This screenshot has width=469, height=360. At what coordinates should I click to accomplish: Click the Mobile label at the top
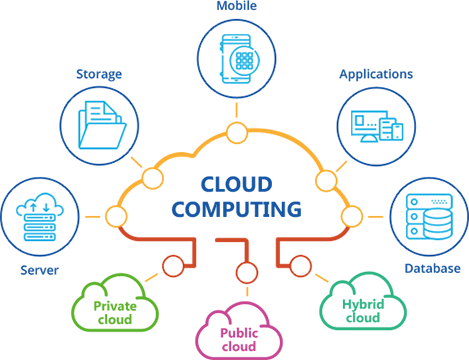(x=237, y=6)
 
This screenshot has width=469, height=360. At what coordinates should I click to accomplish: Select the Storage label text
(x=99, y=74)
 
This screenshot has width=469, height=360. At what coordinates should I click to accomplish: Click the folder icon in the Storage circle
(x=102, y=125)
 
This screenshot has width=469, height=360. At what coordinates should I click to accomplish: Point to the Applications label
(x=376, y=74)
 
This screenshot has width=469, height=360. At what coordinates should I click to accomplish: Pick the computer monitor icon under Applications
(x=365, y=126)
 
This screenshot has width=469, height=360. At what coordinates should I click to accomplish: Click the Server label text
(x=39, y=270)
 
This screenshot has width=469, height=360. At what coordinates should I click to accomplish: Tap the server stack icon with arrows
(x=40, y=217)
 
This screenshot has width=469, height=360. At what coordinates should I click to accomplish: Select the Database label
(x=432, y=268)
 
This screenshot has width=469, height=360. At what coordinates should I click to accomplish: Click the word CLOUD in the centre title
(x=237, y=184)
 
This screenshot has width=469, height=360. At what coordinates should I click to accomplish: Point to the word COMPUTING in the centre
(x=237, y=209)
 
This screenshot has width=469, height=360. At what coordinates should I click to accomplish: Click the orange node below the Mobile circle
(x=237, y=133)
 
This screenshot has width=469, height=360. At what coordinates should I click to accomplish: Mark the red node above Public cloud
(x=247, y=272)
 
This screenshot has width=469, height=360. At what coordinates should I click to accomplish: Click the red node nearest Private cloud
(x=173, y=266)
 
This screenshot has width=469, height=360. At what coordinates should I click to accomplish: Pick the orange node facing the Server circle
(x=116, y=217)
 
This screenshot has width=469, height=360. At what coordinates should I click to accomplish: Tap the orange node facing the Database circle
(x=352, y=217)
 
